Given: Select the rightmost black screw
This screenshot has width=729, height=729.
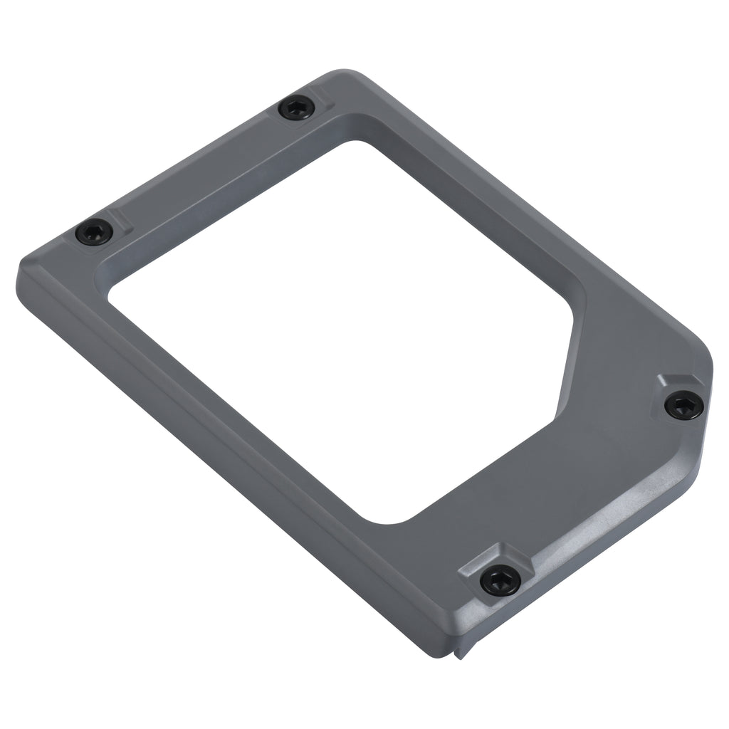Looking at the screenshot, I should coord(684,405).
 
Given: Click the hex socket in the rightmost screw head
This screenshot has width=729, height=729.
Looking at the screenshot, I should coord(684,405).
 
